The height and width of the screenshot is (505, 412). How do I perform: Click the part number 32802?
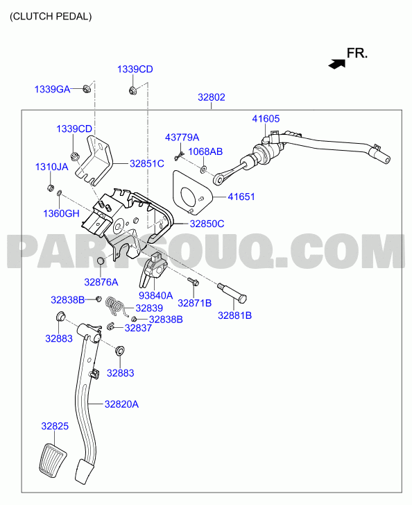(x=212, y=97)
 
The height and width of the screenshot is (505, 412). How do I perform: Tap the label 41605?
(x=266, y=119)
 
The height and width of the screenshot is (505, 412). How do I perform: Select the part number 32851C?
(x=146, y=164)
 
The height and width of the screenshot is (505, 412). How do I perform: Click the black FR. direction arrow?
(x=336, y=63)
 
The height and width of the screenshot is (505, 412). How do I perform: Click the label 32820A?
(x=121, y=404)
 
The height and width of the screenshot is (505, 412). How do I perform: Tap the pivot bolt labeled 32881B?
(x=232, y=292)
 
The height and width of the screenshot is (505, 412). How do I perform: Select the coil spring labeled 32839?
(x=116, y=306)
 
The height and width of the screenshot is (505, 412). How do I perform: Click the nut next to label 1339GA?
(x=87, y=88)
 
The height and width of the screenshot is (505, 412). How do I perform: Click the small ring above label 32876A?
(x=101, y=260)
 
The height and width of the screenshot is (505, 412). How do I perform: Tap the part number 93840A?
(x=155, y=295)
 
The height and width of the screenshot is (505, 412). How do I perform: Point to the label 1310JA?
(x=51, y=167)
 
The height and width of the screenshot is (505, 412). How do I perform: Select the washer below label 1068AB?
(x=204, y=168)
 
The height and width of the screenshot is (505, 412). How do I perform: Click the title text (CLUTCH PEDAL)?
(x=51, y=17)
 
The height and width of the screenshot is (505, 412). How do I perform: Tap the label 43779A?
(x=182, y=138)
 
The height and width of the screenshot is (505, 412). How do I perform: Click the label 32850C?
(x=207, y=224)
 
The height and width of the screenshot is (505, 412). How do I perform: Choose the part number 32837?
(x=138, y=328)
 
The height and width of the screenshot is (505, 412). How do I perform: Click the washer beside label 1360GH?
(x=60, y=193)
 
